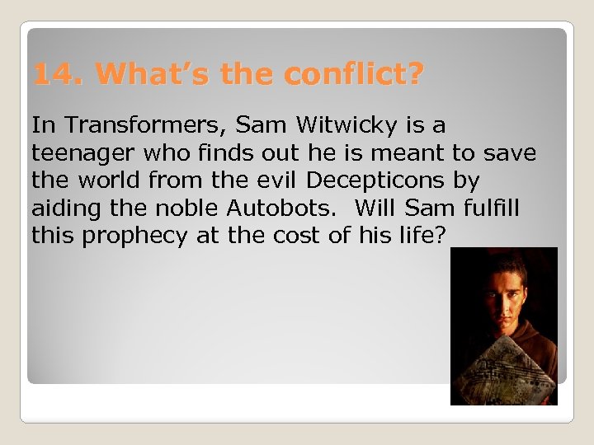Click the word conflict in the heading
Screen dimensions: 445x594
351,76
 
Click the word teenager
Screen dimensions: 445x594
79,153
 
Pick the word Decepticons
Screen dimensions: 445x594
391,180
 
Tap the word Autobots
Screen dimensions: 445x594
273,208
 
